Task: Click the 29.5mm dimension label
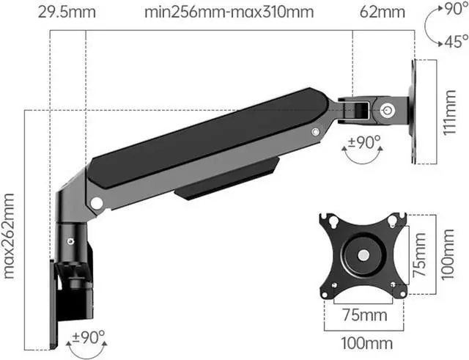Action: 67,12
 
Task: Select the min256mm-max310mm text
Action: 229,12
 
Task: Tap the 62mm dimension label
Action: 383,12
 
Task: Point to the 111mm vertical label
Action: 449,112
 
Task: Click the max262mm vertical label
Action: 9,236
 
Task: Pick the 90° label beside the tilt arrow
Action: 457,10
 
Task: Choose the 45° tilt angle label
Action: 457,41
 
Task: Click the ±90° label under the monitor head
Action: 363,142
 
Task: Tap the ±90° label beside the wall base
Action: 89,337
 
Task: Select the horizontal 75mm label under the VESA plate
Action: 365,315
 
